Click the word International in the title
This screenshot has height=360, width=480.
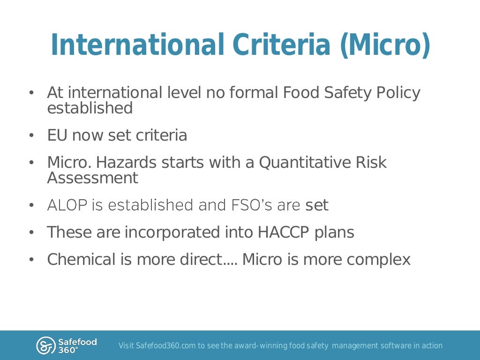136,45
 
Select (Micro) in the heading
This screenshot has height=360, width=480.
385,45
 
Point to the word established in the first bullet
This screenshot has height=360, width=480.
90,108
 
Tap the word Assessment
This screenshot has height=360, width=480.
93,178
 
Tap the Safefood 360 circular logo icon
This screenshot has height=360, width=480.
45,345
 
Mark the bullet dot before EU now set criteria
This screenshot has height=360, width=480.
31,136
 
